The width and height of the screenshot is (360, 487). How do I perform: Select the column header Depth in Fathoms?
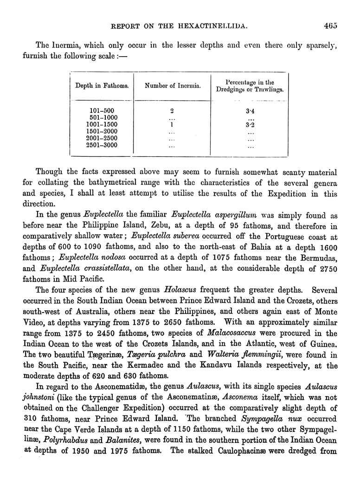102,86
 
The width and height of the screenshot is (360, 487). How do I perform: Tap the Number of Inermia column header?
173,86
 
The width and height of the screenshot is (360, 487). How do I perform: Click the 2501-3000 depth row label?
102,145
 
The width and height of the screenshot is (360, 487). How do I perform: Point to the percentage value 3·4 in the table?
250,111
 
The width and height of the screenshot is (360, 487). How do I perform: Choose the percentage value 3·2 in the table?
250,124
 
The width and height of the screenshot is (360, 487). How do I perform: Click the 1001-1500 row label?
102,124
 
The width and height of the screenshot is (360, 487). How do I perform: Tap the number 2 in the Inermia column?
172,111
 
